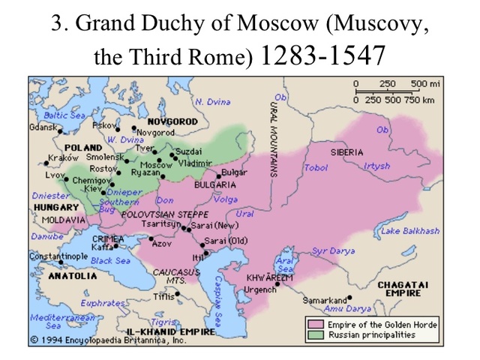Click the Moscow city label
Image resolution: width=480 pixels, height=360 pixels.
point(157,165)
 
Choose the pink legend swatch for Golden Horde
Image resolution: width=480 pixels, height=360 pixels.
point(313,324)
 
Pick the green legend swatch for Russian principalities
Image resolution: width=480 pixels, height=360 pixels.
point(313,334)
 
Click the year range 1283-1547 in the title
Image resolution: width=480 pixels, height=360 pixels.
point(322,55)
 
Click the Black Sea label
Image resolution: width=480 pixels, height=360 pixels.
point(111,260)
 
